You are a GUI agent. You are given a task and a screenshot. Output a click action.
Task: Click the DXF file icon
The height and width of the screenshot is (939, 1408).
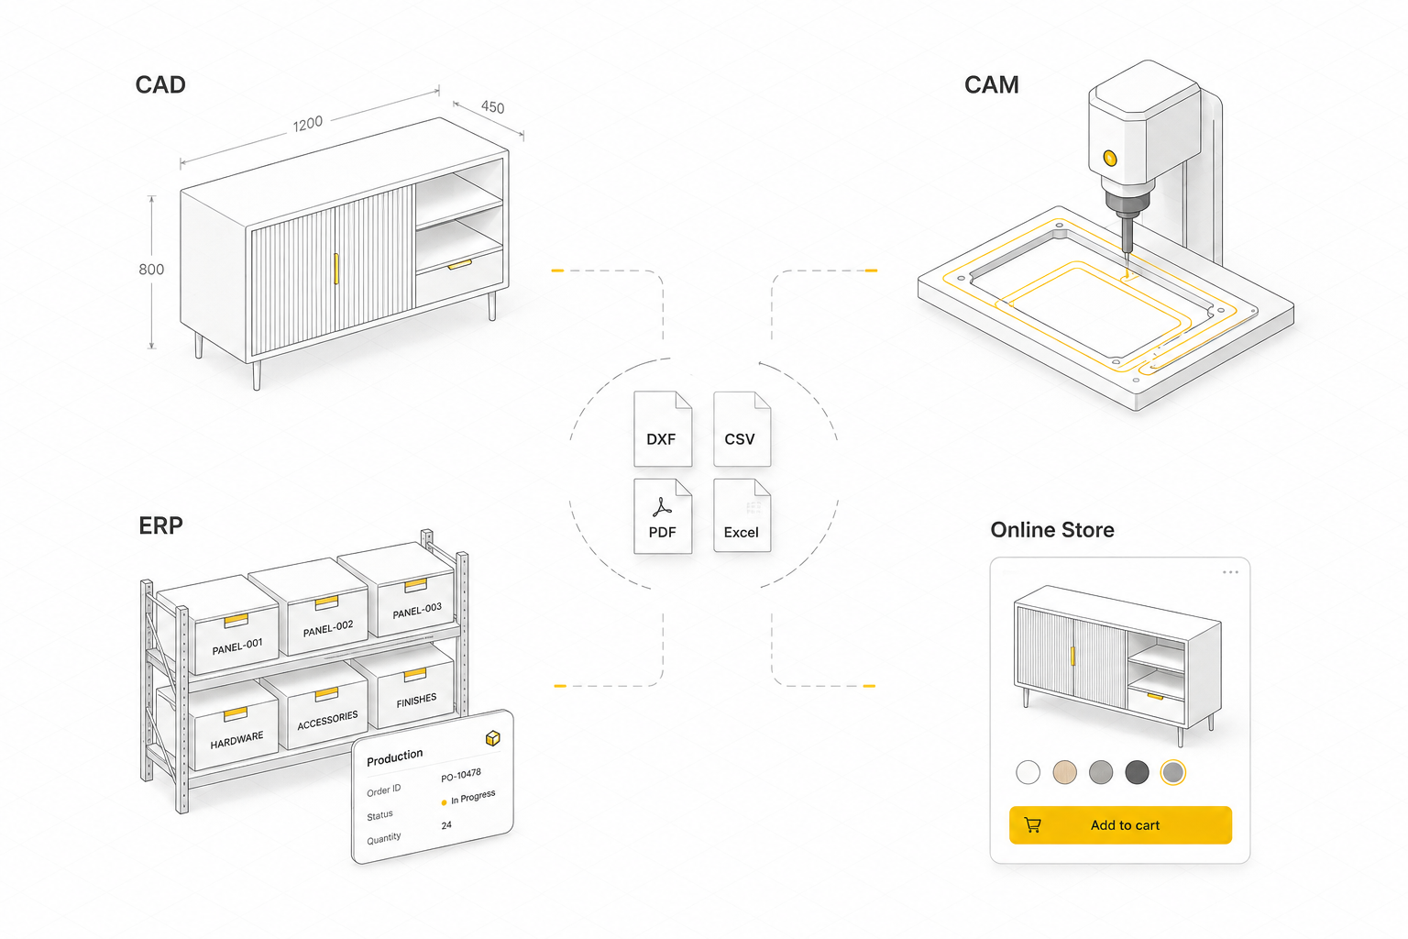(x=663, y=429)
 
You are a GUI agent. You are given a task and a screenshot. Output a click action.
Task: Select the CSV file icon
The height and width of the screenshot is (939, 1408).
(x=742, y=429)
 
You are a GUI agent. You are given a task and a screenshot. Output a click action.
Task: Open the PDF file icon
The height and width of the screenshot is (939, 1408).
(x=663, y=516)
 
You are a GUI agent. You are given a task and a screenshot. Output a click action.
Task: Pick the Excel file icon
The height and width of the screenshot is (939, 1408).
(x=742, y=516)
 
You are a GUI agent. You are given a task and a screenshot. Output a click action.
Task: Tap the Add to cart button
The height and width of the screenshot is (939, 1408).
(x=1120, y=824)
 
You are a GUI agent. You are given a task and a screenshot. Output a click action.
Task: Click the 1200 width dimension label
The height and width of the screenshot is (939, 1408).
(x=308, y=123)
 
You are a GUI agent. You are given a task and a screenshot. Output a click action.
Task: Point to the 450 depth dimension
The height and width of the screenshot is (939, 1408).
(x=493, y=107)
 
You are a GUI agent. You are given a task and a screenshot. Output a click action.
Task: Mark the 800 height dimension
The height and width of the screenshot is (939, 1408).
(x=151, y=270)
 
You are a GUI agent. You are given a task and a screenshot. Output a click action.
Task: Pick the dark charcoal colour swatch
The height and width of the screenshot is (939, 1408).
(x=1137, y=772)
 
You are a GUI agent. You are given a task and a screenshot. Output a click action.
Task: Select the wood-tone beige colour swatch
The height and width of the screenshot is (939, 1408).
(x=1065, y=772)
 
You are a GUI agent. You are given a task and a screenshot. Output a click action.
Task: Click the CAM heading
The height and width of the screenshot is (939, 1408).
(x=991, y=85)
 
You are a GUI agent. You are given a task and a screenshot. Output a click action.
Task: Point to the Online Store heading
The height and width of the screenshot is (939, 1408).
(x=1052, y=530)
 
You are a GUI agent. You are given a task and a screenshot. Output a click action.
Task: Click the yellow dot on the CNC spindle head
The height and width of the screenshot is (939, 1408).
(x=1110, y=158)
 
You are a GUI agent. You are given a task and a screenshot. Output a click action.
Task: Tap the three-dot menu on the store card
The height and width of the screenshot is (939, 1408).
(x=1231, y=572)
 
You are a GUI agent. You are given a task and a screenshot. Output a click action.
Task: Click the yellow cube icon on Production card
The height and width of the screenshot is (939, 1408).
(x=493, y=738)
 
